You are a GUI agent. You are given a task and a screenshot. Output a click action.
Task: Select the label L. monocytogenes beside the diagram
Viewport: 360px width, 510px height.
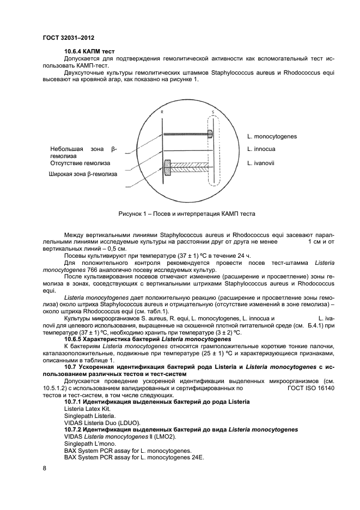click(272, 136)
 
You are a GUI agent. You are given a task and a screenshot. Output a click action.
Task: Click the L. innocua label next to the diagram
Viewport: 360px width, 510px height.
click(261, 149)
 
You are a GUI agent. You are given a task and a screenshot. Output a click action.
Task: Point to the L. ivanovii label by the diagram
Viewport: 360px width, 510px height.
click(261, 162)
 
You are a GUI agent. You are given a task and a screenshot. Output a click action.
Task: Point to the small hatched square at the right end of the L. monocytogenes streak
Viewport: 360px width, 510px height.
click(209, 133)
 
